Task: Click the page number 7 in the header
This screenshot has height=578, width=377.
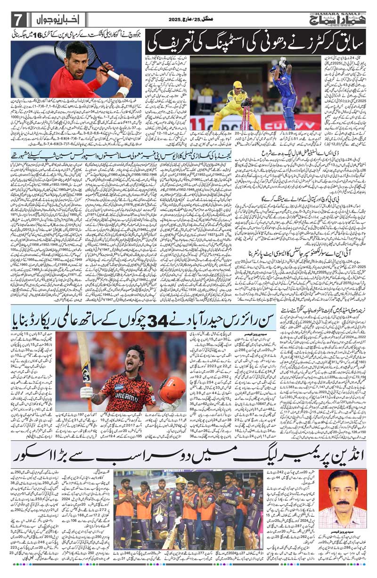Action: tap(18, 20)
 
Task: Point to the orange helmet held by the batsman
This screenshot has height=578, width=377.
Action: tap(172, 389)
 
